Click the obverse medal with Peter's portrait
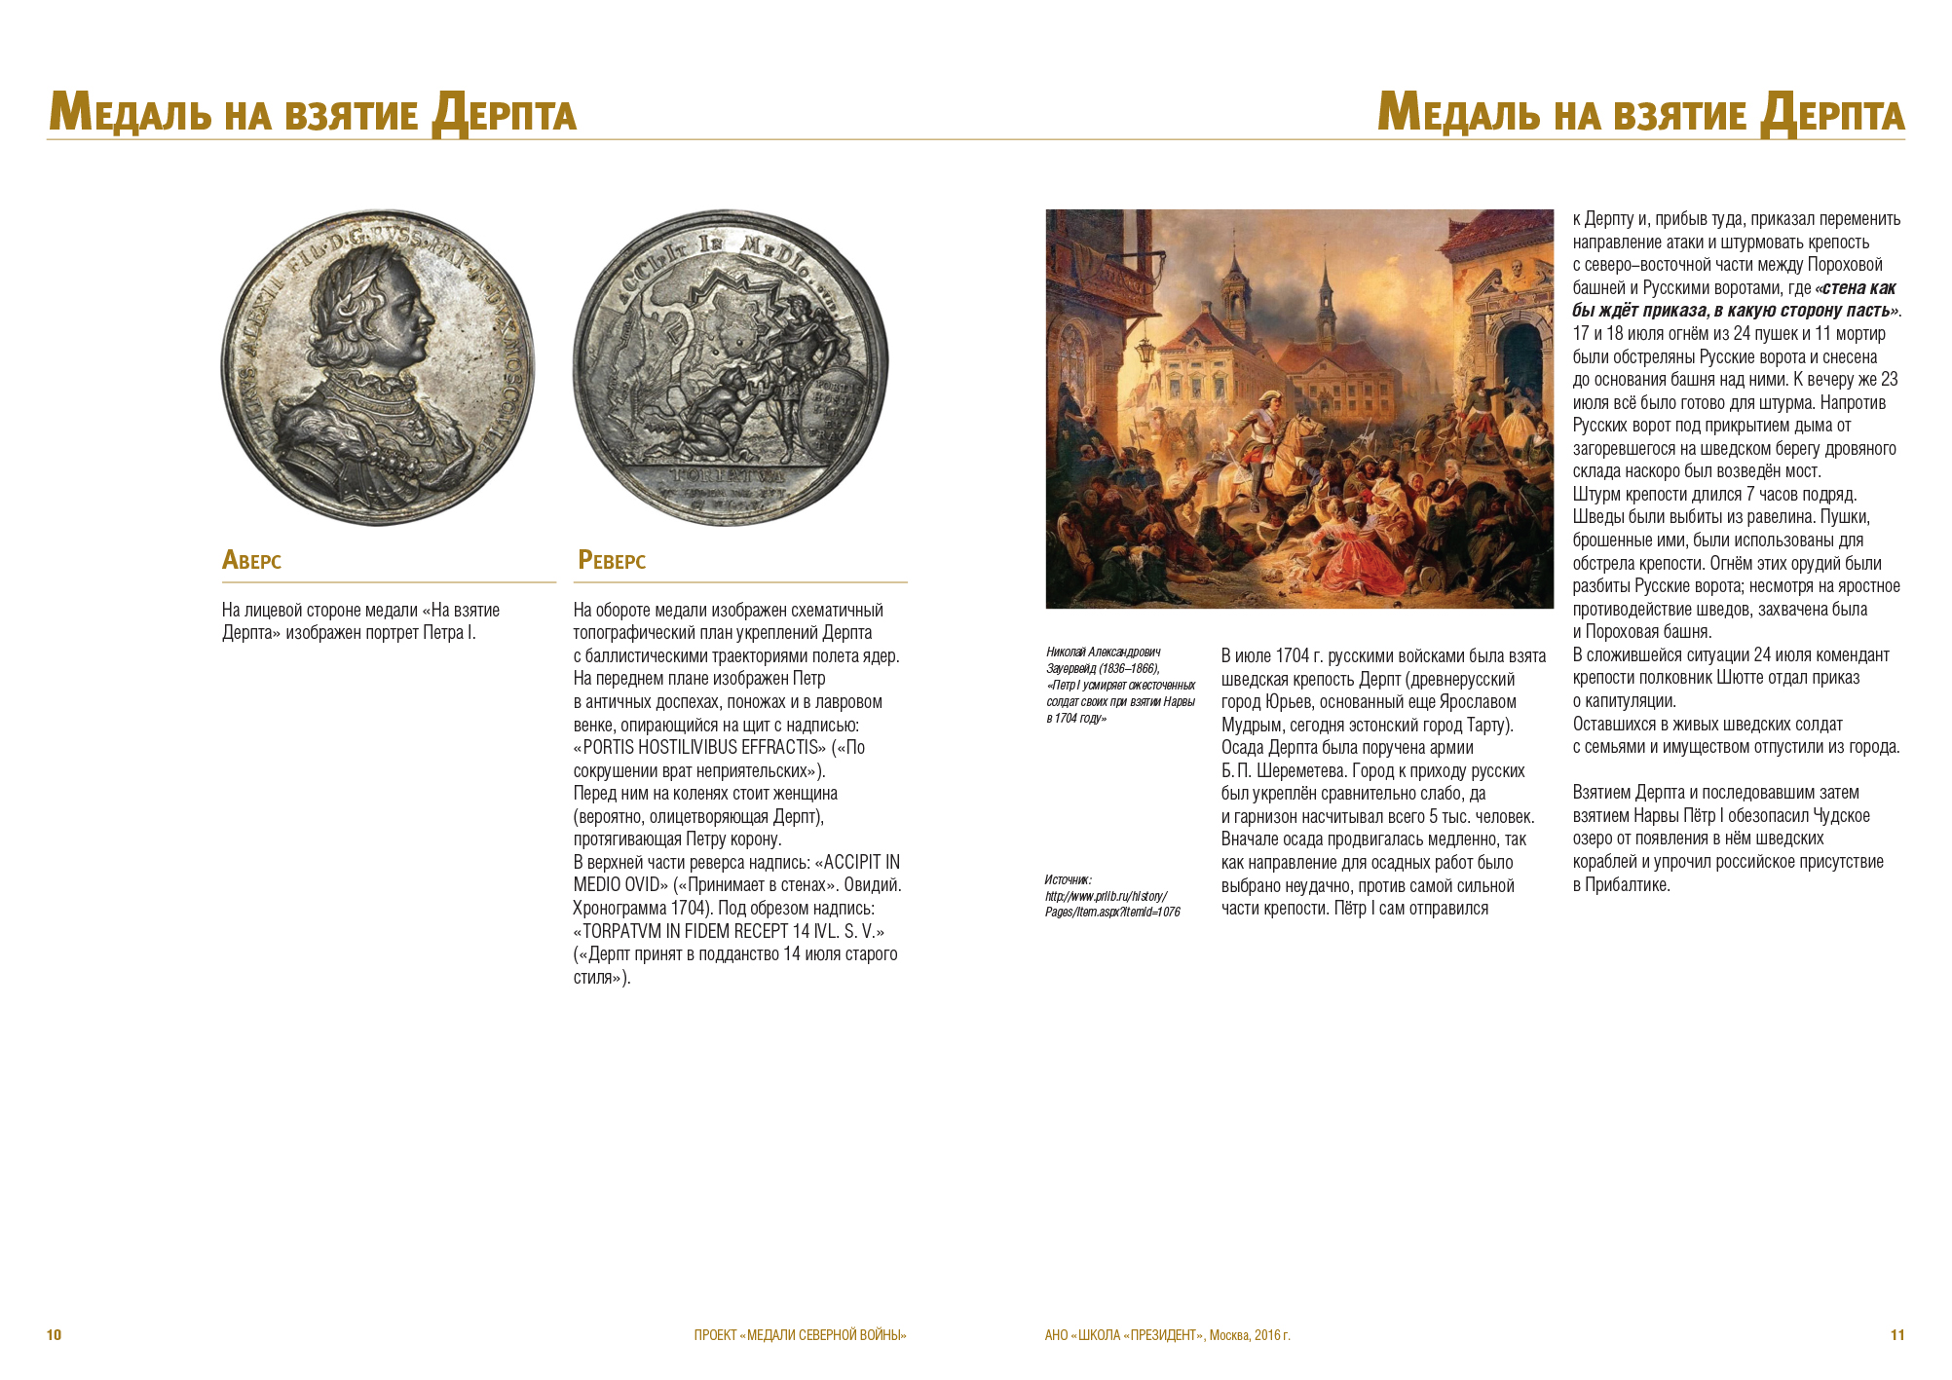tap(377, 367)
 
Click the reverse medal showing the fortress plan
tap(731, 367)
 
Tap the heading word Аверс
tap(251, 560)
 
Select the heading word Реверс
tap(612, 560)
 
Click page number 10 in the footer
tap(54, 1334)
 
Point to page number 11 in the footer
tap(1896, 1334)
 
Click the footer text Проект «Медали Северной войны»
tap(800, 1334)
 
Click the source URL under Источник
tap(1111, 904)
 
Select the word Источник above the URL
tap(1068, 879)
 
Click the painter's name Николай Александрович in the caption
tap(1103, 652)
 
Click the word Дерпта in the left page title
tap(505, 115)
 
